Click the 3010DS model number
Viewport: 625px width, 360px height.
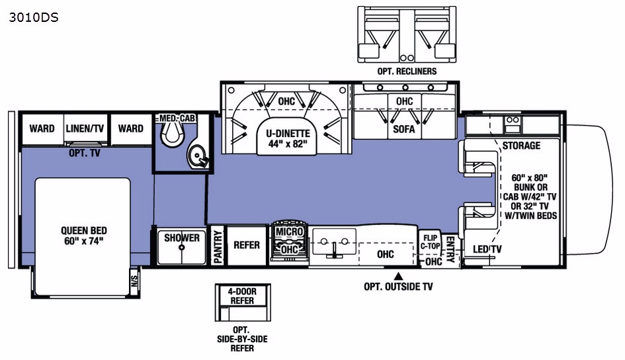point(34,18)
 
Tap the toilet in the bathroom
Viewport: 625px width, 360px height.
point(173,133)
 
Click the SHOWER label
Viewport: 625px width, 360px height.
point(182,238)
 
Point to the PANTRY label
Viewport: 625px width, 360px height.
point(218,247)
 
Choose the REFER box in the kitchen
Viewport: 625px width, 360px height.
point(247,245)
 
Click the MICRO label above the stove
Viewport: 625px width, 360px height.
point(290,232)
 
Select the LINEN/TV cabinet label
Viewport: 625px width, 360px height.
point(85,128)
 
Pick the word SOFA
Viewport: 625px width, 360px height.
point(404,129)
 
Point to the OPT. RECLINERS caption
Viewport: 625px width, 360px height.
point(407,71)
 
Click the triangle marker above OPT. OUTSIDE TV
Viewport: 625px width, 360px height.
point(398,276)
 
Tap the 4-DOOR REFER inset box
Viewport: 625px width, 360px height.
point(243,302)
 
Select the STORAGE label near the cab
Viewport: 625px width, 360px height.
point(521,146)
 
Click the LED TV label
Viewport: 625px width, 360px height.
point(487,249)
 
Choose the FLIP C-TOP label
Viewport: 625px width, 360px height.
point(430,242)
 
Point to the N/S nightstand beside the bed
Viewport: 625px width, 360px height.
point(134,281)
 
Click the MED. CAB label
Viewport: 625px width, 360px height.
point(177,118)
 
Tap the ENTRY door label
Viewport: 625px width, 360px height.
point(450,249)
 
